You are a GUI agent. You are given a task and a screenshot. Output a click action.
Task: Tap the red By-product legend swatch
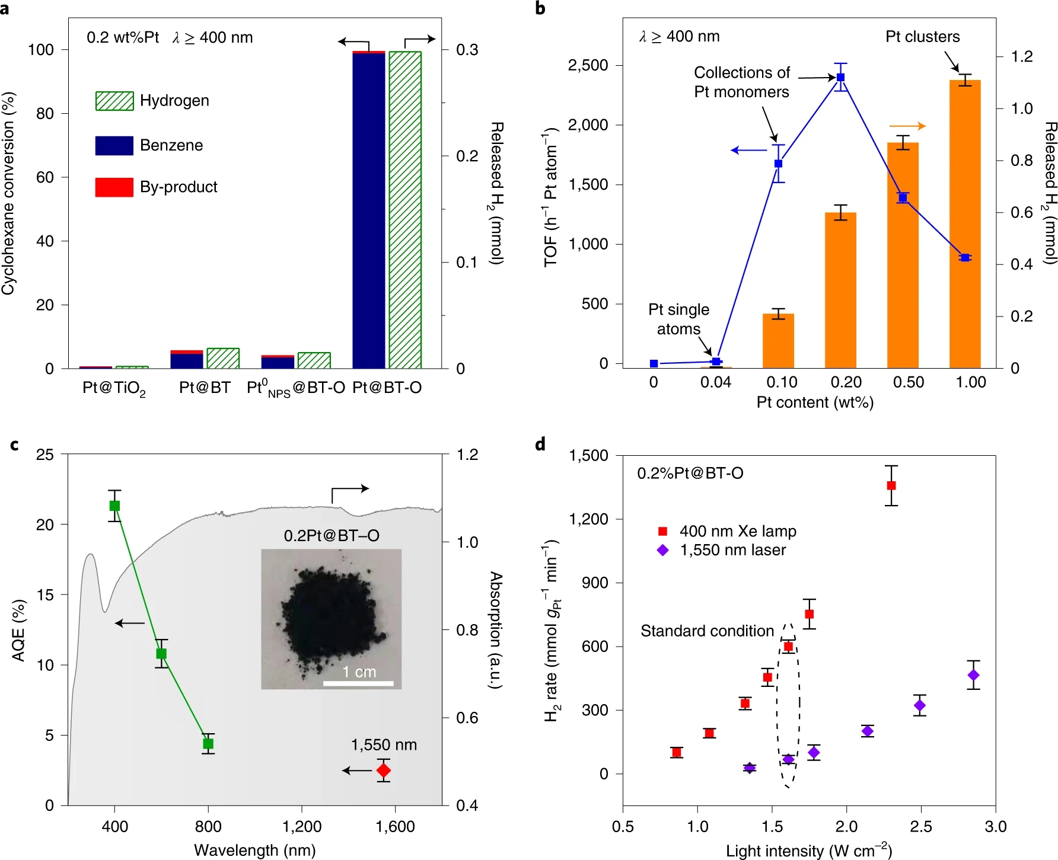click(114, 187)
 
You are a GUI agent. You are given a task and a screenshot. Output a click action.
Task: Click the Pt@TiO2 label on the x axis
click(114, 388)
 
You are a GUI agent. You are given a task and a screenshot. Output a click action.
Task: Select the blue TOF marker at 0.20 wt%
click(840, 78)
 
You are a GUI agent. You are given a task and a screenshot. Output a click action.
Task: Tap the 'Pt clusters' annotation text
click(922, 37)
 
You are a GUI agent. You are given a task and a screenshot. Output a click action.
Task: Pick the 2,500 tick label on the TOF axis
click(588, 65)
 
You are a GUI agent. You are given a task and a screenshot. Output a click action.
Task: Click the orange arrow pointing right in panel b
click(907, 126)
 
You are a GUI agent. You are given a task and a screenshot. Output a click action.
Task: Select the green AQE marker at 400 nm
click(114, 506)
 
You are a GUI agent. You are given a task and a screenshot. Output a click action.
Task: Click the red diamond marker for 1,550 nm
click(384, 770)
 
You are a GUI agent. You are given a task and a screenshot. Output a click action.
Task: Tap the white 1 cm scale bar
click(358, 683)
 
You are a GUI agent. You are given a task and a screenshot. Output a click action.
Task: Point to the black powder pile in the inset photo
click(325, 616)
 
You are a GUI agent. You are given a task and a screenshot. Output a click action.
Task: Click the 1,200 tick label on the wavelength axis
click(302, 826)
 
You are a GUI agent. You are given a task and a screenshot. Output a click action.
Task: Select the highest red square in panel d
click(891, 485)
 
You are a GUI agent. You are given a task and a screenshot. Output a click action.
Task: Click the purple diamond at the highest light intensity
click(973, 675)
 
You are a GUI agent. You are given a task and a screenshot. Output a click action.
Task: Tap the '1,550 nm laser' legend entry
click(732, 550)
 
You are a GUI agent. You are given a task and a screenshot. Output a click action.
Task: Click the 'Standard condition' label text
click(707, 631)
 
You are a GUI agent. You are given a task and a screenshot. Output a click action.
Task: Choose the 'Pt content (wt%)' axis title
click(815, 402)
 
